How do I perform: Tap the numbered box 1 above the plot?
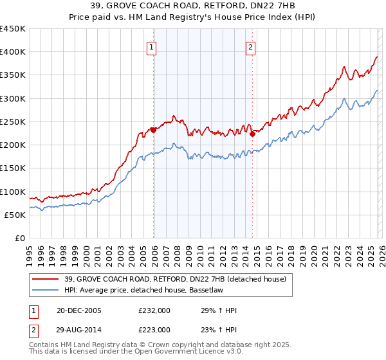pos(151,46)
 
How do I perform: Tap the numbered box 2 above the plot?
pos(250,46)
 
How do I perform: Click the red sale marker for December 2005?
pos(154,130)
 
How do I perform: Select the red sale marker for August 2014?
pos(252,134)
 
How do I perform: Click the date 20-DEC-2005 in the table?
pos(79,310)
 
